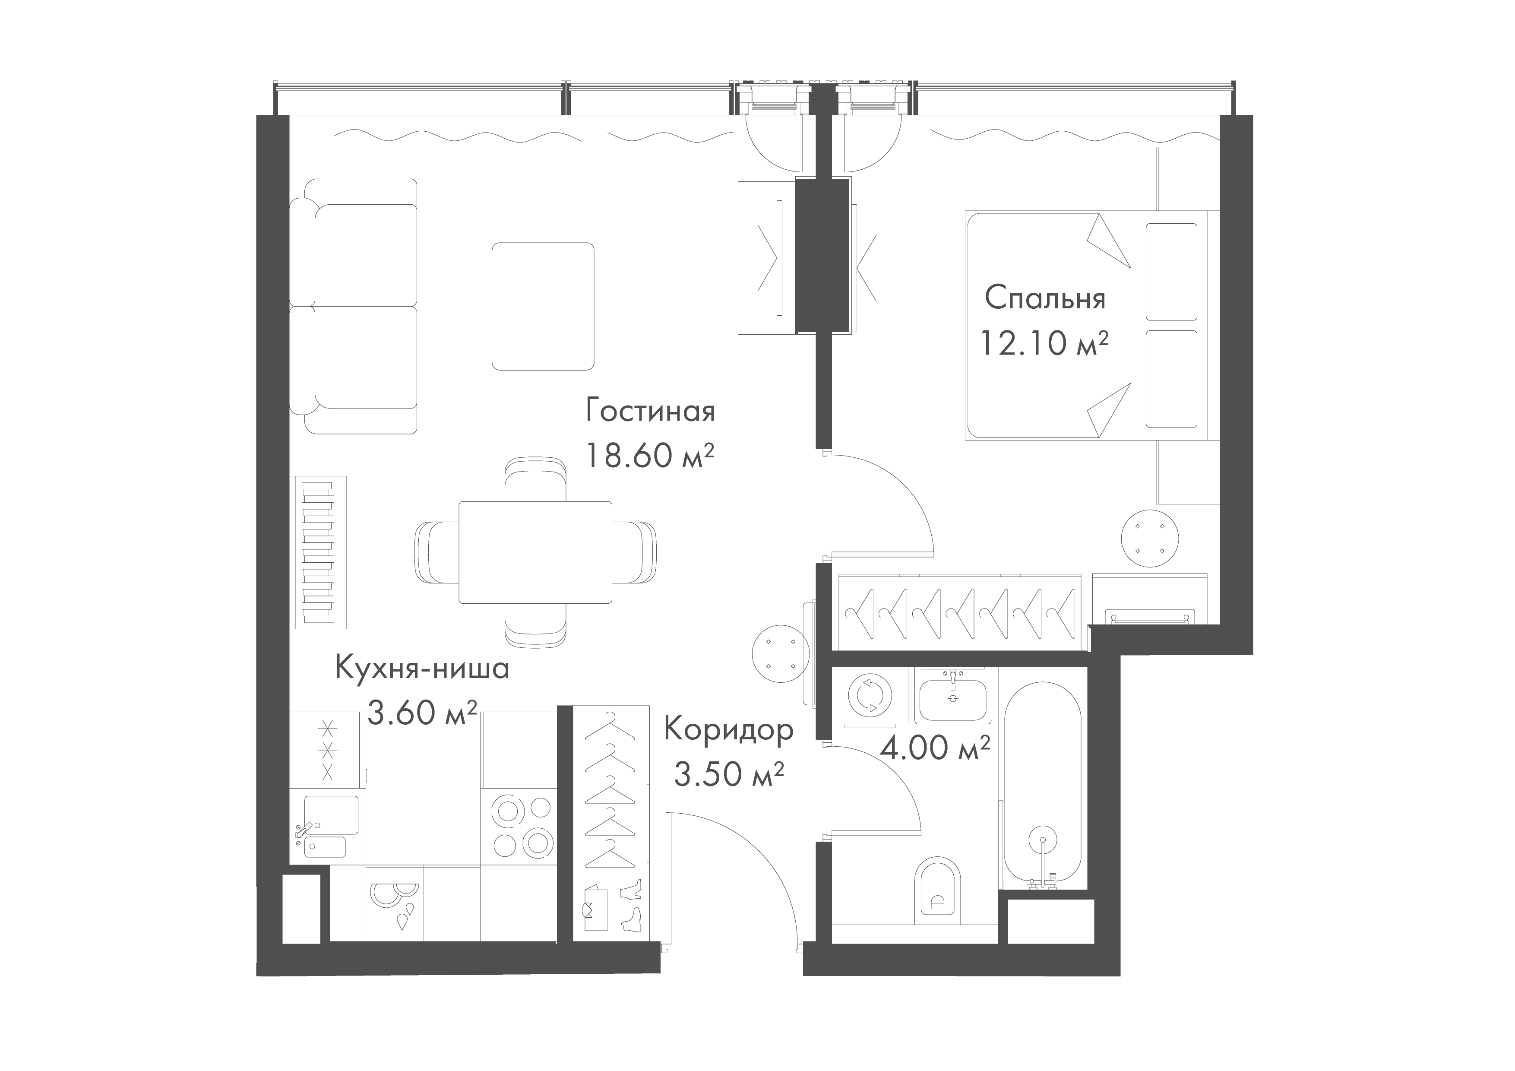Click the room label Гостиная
tap(650, 412)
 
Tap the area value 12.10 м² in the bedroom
tap(1044, 343)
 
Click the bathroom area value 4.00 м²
tap(935, 748)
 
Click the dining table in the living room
tap(535, 551)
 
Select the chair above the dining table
tap(535, 480)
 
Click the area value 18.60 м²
tap(650, 455)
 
